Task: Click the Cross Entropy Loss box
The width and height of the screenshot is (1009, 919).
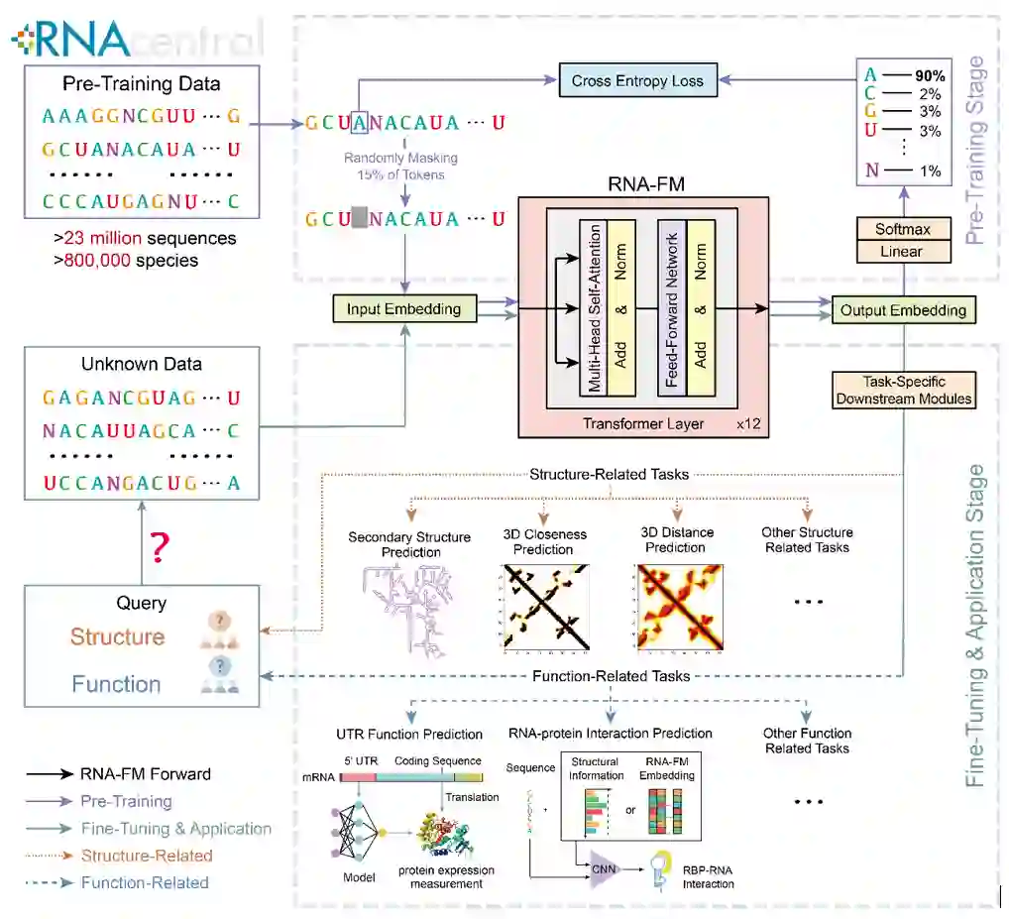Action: (637, 81)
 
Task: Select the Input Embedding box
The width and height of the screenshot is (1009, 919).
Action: (403, 309)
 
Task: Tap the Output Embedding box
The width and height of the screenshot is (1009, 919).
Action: (902, 310)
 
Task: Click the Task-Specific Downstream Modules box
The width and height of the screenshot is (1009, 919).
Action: (904, 390)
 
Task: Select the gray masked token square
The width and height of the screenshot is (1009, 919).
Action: (359, 218)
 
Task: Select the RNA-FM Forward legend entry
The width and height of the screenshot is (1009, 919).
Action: (146, 774)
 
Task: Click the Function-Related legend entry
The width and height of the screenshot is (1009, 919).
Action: (146, 882)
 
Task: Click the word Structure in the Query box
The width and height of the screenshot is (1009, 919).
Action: (117, 636)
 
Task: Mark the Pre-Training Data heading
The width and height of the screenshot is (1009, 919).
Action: (141, 83)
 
